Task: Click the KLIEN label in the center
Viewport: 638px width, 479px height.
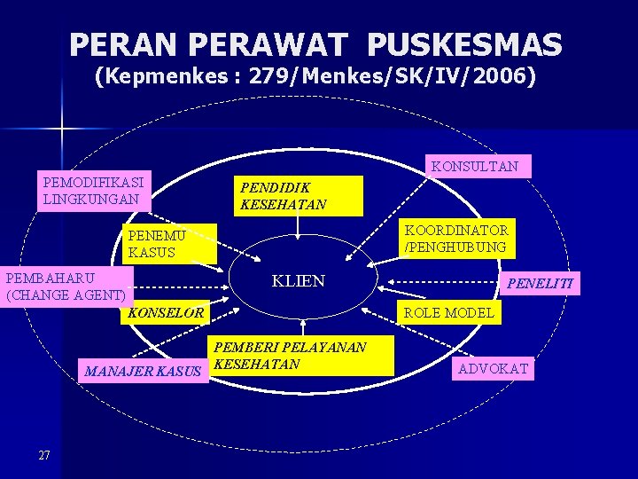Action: (x=299, y=281)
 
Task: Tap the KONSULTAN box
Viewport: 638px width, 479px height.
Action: (x=475, y=166)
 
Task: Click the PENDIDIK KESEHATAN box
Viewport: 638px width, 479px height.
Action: (x=299, y=195)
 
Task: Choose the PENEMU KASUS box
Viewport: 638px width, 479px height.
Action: (x=168, y=244)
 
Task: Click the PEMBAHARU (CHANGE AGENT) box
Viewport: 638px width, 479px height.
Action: (x=67, y=286)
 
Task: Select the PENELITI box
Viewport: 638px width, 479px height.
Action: (x=540, y=284)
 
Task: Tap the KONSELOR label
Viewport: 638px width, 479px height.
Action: (x=166, y=313)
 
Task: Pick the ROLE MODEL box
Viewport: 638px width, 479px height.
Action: (x=449, y=312)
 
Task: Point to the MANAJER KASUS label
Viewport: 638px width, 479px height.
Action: (x=143, y=371)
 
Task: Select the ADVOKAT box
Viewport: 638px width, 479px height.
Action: (x=494, y=368)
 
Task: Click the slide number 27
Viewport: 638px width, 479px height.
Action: (x=44, y=456)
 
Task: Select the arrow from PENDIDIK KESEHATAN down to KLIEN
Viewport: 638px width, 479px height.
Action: (x=299, y=227)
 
